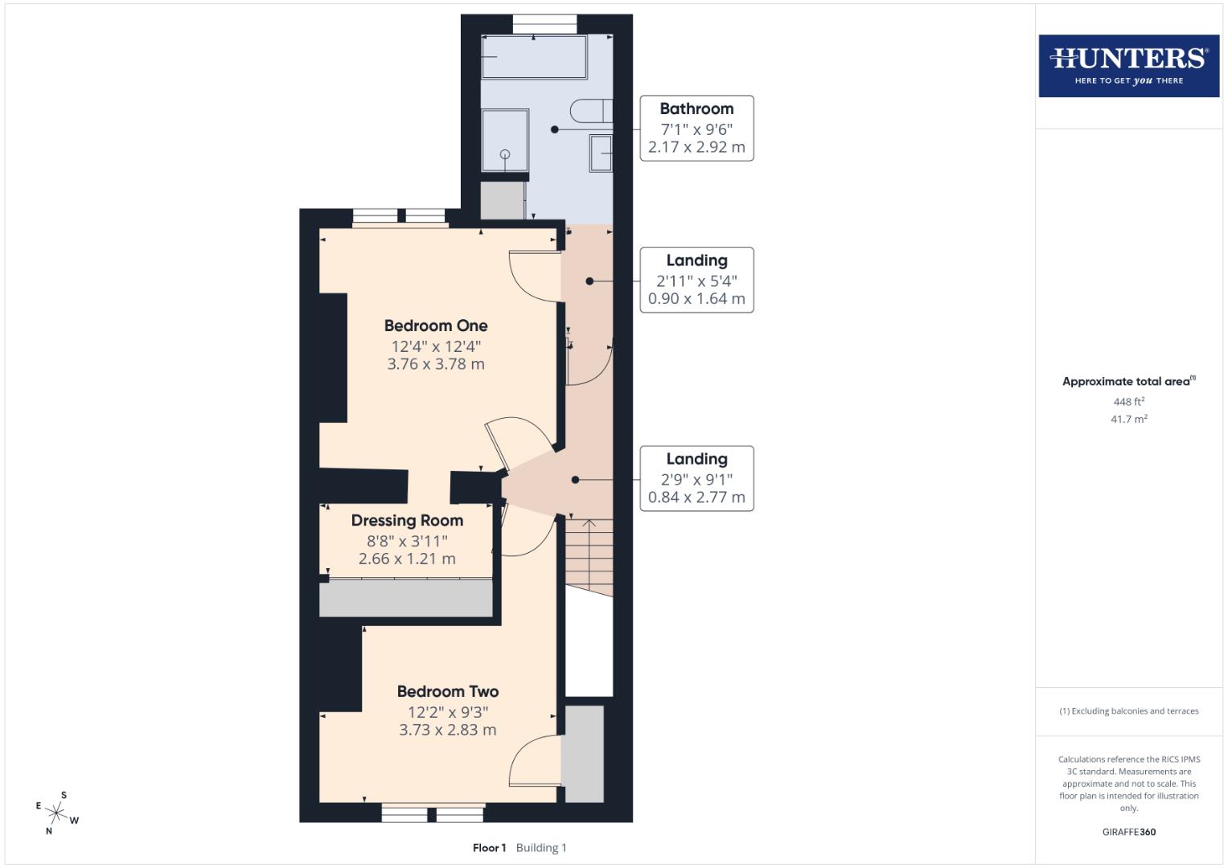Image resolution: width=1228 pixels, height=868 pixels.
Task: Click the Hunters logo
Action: coord(1128,65)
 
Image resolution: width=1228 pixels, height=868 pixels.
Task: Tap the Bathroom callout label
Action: coord(696,128)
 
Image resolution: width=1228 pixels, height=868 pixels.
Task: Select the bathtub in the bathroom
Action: coord(534,56)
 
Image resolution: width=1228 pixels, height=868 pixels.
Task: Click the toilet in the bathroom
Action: coord(590,110)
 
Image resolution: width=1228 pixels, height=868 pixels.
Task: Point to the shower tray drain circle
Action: coord(505,154)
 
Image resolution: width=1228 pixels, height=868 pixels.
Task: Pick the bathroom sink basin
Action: coord(601,153)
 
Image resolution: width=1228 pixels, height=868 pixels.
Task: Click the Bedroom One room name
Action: coord(435,325)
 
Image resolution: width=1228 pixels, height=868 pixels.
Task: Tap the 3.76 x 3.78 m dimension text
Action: coord(435,364)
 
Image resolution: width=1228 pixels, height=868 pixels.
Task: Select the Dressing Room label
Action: coord(407,520)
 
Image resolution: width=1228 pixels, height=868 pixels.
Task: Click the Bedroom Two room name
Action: coord(447,691)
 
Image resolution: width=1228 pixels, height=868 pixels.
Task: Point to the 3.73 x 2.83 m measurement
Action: coord(447,730)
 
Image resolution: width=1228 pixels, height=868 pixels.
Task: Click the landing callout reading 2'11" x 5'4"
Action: coord(696,280)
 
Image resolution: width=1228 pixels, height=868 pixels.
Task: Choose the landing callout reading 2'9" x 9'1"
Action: coord(696,478)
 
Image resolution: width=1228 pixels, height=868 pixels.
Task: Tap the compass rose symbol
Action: coord(57,813)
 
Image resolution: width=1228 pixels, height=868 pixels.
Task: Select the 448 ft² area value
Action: coord(1128,402)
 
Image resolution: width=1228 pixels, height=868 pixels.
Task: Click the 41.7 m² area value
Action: coord(1128,419)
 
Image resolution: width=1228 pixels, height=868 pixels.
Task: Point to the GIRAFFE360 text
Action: coord(1128,832)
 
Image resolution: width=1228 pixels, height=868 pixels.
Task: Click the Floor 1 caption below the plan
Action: coord(489,847)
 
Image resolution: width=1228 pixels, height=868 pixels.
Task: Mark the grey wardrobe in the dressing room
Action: coord(406,599)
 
